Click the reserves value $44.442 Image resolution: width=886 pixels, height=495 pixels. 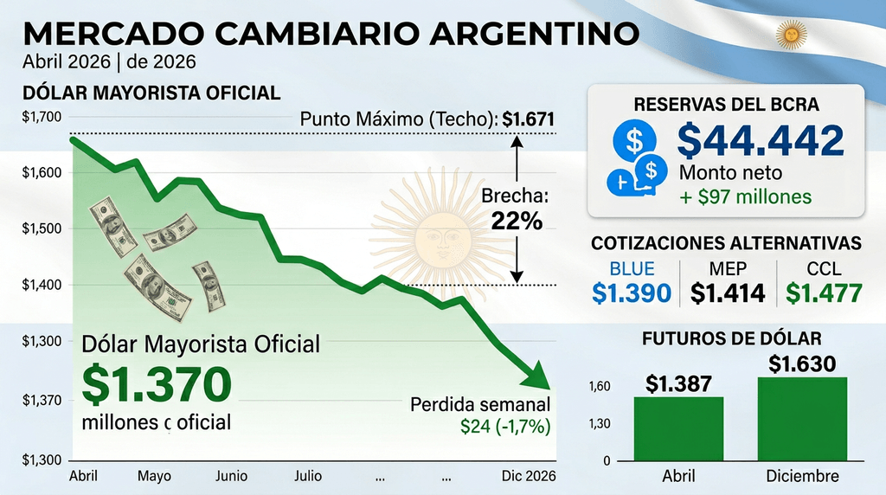click(x=760, y=142)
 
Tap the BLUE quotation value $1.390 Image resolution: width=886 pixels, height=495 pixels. click(x=632, y=292)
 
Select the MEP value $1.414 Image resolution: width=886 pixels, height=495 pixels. click(x=728, y=292)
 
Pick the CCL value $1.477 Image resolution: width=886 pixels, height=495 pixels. click(x=825, y=292)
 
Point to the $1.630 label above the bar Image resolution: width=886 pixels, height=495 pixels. click(x=802, y=364)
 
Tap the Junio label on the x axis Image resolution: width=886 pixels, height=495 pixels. click(x=231, y=476)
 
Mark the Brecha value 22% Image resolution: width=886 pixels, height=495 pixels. click(x=517, y=221)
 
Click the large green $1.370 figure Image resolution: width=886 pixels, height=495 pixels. click(x=157, y=385)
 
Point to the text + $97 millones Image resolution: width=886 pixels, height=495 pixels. click(x=745, y=196)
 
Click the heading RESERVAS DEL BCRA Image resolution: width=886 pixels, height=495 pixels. click(x=727, y=105)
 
